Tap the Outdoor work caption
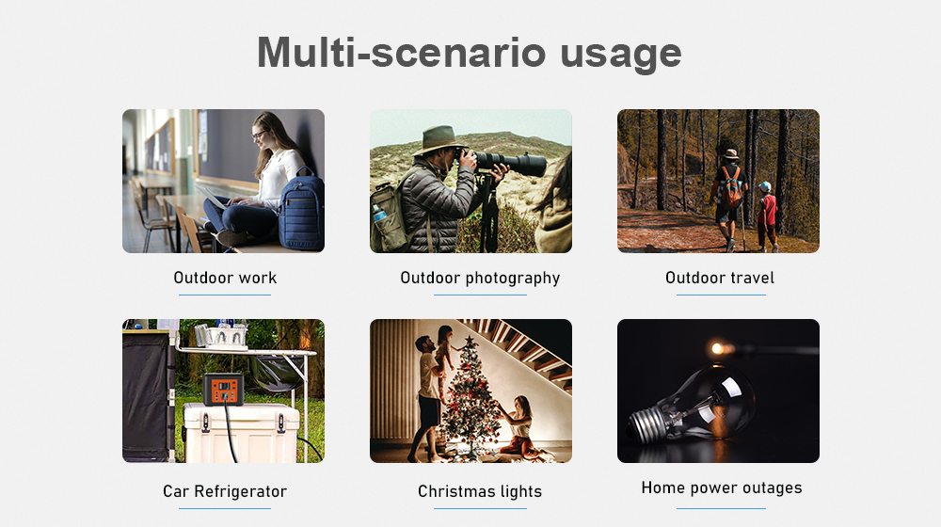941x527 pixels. [x=225, y=278]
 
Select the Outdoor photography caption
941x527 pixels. [x=480, y=279]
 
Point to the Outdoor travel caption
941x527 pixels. [x=720, y=278]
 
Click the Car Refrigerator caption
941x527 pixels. [x=225, y=491]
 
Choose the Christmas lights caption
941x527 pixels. [x=480, y=491]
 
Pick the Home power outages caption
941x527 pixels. [x=722, y=488]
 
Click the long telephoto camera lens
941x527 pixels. [x=510, y=162]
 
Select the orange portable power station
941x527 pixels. [x=223, y=389]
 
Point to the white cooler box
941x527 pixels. [x=241, y=433]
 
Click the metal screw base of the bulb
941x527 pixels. [x=647, y=425]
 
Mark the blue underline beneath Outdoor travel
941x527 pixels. [x=721, y=295]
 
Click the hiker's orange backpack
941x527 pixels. [x=730, y=186]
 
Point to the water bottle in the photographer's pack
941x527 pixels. [x=379, y=213]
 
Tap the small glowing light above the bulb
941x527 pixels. [x=718, y=348]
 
